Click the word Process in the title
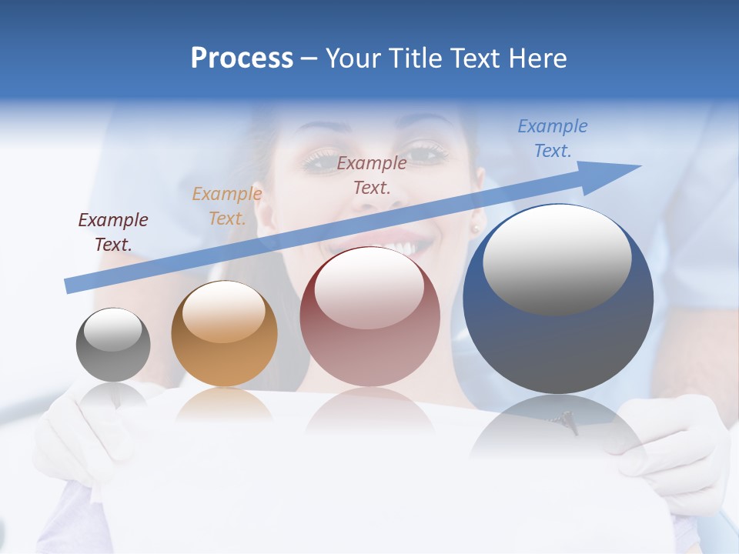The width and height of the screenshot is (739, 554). coord(242,58)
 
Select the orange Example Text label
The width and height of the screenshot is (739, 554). coord(227,206)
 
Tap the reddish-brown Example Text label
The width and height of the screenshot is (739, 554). coord(372,175)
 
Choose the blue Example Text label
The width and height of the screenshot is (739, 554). coord(553,138)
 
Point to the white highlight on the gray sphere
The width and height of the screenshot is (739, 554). coord(112,330)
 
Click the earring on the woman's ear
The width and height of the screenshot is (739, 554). coord(475,229)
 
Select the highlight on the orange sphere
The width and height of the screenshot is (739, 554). coord(223,311)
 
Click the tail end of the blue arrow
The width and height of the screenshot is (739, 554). coord(69,287)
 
